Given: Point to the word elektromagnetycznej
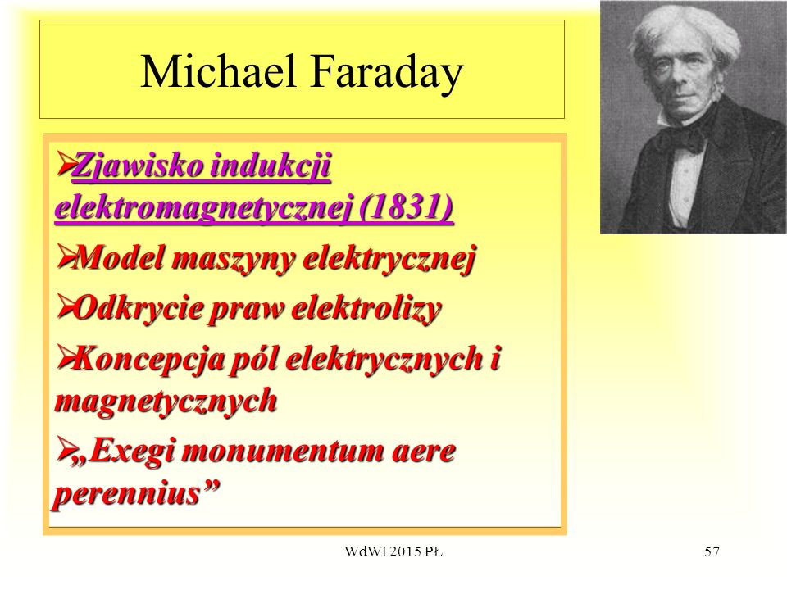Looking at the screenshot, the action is click(x=204, y=207).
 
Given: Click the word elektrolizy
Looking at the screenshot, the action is click(x=366, y=309).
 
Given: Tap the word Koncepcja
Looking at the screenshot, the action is click(x=148, y=360).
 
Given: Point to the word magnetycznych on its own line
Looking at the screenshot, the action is click(x=166, y=402).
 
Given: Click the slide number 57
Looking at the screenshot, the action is click(x=712, y=551).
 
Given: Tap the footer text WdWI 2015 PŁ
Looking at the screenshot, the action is click(x=393, y=551).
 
